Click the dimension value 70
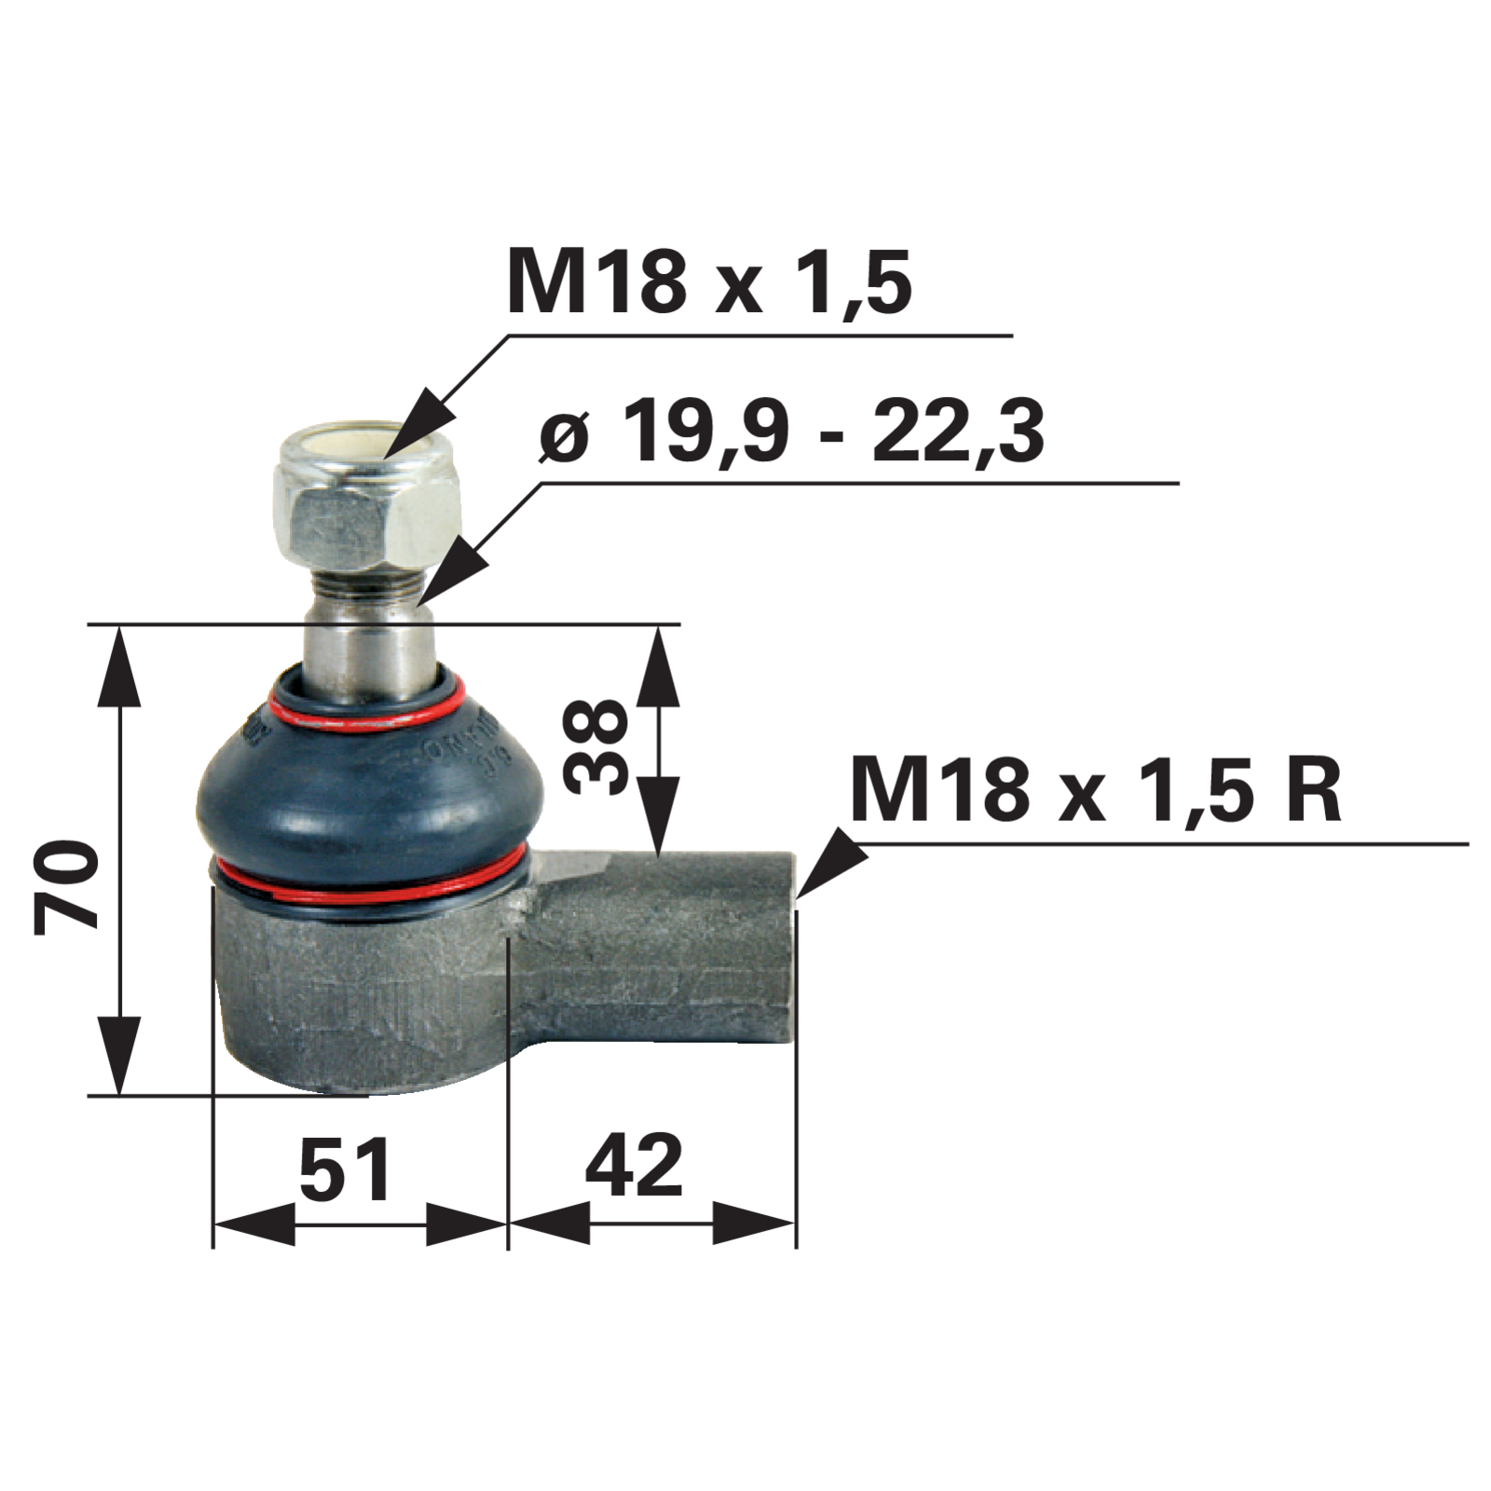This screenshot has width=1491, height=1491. click(66, 884)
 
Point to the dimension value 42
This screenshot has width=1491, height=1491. click(635, 1166)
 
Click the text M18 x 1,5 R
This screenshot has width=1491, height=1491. click(1096, 789)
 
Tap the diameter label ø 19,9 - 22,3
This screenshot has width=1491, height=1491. click(792, 431)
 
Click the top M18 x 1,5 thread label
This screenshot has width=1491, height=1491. click(709, 282)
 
